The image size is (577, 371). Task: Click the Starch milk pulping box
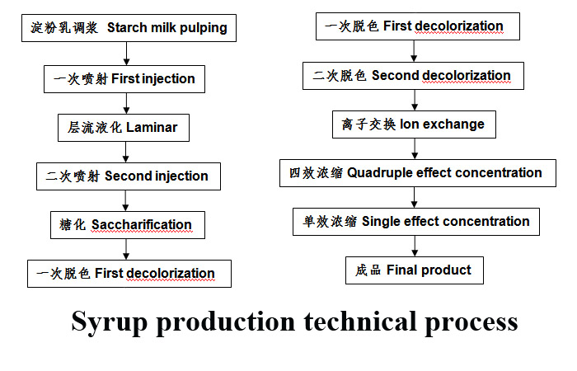(x=129, y=28)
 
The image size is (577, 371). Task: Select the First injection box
(x=124, y=79)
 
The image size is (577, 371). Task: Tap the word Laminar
(x=152, y=127)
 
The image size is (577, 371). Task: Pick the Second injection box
(x=129, y=176)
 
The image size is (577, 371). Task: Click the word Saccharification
(x=142, y=224)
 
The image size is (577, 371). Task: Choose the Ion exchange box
(x=414, y=124)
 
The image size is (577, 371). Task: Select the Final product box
(x=415, y=270)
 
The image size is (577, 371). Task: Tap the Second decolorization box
(x=413, y=76)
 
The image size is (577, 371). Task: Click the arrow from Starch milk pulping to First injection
(x=126, y=54)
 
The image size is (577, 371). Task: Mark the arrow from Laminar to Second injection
(x=126, y=152)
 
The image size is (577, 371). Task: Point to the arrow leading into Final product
(x=415, y=246)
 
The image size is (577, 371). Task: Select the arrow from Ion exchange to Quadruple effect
(x=415, y=148)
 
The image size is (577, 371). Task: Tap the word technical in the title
(x=360, y=321)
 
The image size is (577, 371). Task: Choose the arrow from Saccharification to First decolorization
(x=126, y=249)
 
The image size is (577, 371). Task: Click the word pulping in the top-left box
(x=204, y=28)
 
